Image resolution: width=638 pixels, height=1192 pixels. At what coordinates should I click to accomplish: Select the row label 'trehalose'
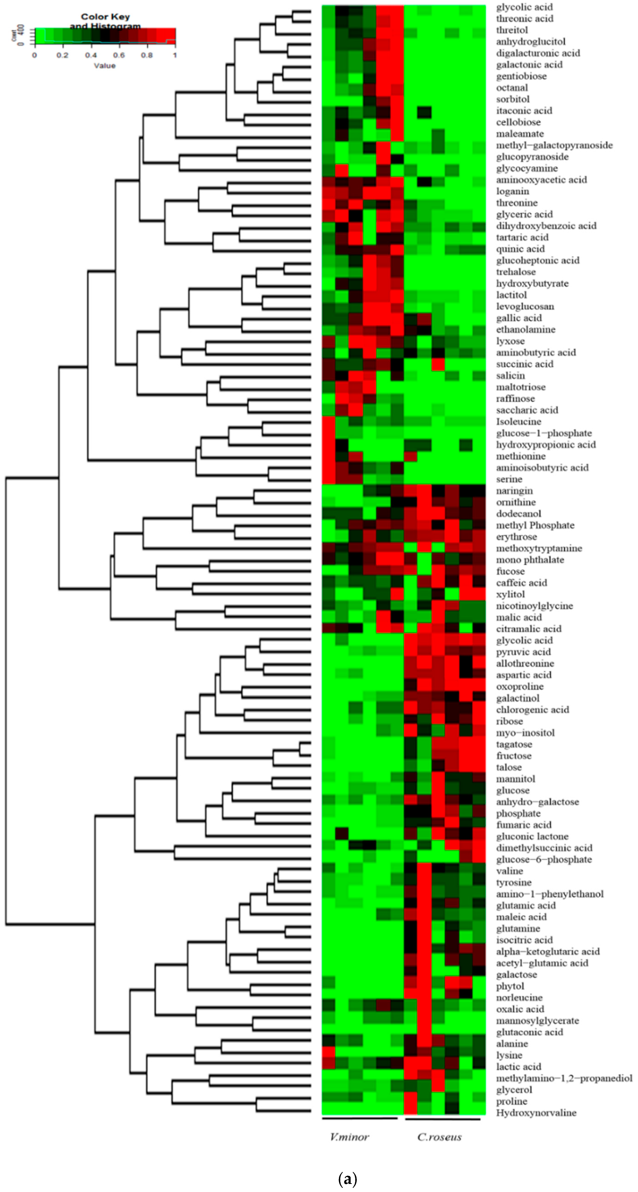click(516, 272)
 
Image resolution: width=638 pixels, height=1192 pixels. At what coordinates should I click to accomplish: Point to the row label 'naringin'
click(514, 491)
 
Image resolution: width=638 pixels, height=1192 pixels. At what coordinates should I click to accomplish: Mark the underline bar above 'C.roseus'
click(442, 1119)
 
